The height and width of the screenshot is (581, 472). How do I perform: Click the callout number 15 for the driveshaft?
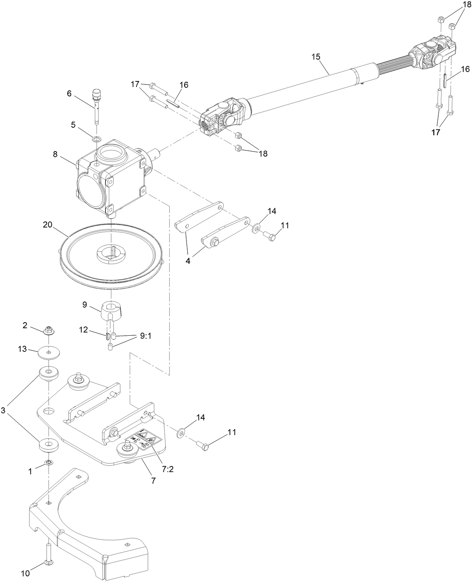pos(316,57)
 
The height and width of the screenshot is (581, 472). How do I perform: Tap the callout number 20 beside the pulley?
pos(47,225)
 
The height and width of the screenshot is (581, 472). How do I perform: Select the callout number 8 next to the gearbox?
pos(55,154)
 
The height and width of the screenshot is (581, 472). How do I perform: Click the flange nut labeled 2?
pos(48,330)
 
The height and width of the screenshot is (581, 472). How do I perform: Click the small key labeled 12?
pos(107,336)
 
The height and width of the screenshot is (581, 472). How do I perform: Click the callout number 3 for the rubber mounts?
pos(3,410)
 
